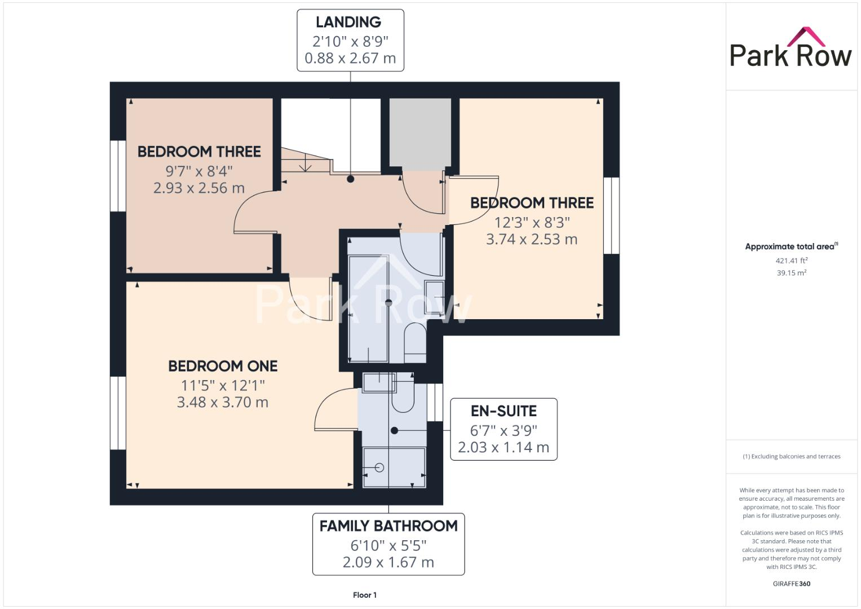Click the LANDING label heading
(348, 23)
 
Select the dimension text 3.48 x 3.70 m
(222, 402)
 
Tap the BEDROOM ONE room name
(223, 366)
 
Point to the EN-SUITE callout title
(504, 411)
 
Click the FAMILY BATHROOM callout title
(388, 526)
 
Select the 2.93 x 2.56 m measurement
(198, 188)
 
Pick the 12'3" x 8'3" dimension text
(532, 222)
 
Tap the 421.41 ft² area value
(791, 261)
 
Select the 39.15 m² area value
(791, 273)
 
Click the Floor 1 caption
(365, 595)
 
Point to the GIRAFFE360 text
(791, 584)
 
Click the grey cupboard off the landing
(420, 133)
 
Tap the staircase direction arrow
(305, 165)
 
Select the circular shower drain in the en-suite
(379, 467)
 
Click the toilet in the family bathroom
(416, 342)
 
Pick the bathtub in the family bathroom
(368, 309)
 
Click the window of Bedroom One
(118, 413)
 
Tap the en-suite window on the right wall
(435, 402)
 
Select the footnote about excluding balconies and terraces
(791, 456)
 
